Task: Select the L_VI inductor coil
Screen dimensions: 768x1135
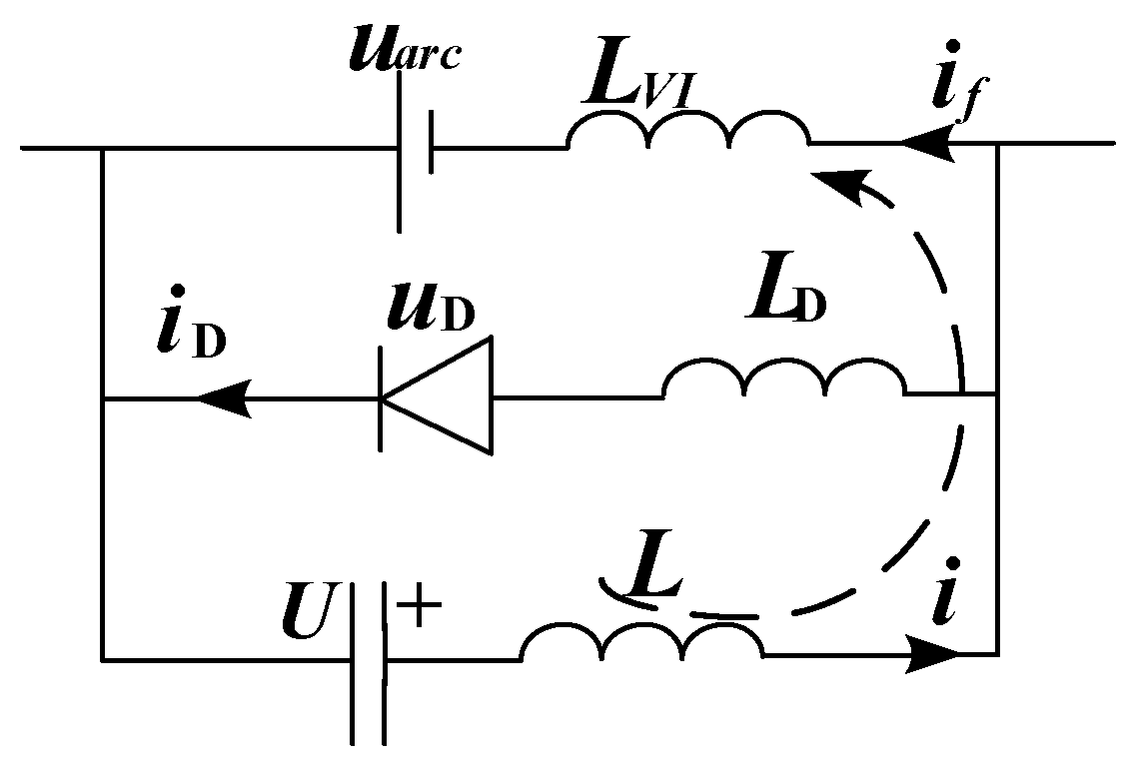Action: pyautogui.click(x=688, y=130)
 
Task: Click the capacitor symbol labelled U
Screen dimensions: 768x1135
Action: pyautogui.click(x=368, y=659)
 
